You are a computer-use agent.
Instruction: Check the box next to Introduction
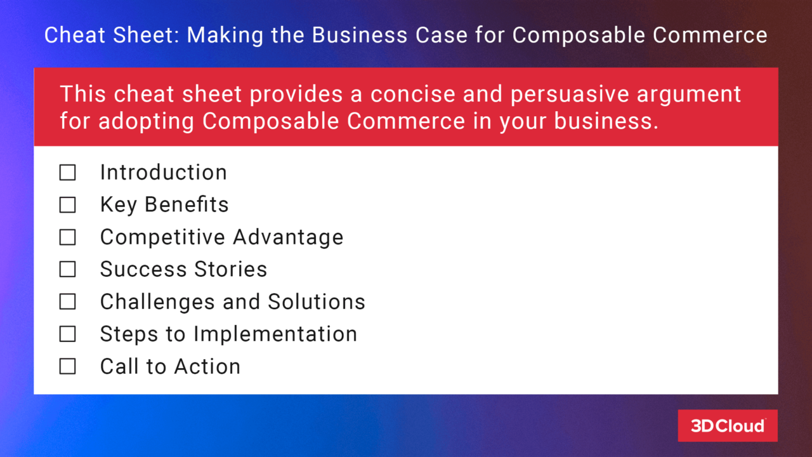67,173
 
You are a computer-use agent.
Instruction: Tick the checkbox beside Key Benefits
67,205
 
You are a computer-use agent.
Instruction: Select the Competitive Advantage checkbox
67,237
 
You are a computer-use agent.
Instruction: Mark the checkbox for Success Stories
67,270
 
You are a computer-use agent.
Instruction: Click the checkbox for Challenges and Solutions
67,302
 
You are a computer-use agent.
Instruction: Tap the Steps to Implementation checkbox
67,334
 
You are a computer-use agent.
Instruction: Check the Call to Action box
67,367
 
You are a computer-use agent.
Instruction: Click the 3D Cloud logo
727,425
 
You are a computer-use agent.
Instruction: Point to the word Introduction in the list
163,173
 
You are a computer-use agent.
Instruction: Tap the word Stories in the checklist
230,270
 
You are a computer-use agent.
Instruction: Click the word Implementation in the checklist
275,334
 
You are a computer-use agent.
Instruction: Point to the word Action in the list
207,367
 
